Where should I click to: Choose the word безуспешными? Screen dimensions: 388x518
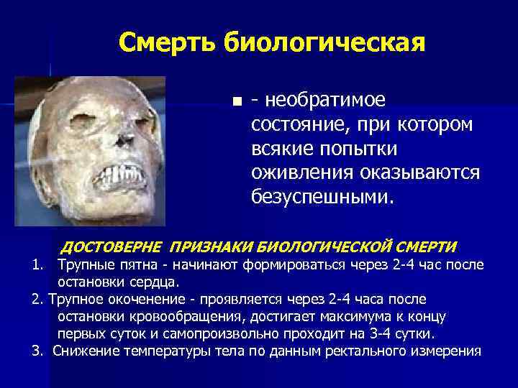[322, 196]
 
